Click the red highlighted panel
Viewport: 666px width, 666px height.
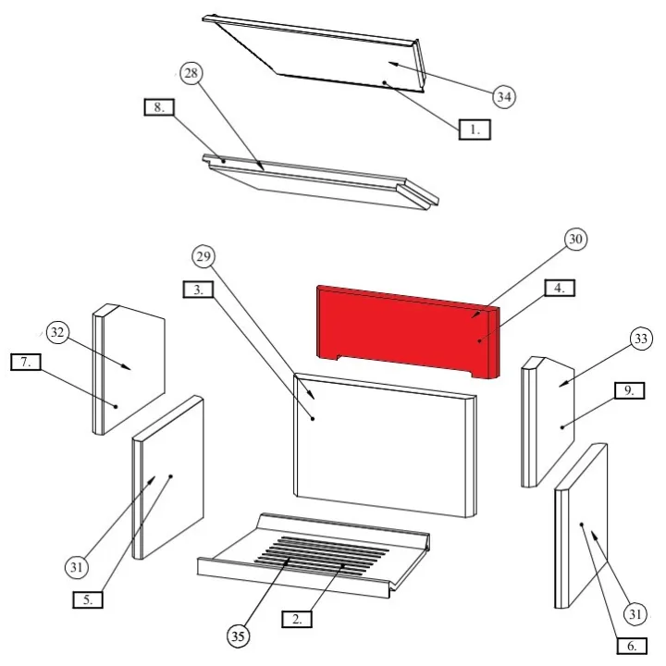click(x=408, y=331)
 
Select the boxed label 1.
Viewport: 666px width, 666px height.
click(x=475, y=129)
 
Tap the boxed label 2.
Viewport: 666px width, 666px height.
click(x=297, y=619)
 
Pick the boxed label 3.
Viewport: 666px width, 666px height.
click(x=198, y=290)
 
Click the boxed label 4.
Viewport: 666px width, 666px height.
click(x=560, y=288)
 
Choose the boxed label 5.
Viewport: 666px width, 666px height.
click(x=88, y=599)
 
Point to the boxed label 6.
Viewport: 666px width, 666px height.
click(x=632, y=646)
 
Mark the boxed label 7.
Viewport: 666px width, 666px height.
click(x=26, y=363)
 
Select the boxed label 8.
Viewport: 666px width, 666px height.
click(x=159, y=107)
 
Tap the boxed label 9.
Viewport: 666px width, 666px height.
click(x=630, y=390)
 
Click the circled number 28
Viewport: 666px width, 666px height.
click(x=191, y=73)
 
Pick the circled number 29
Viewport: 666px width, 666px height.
click(x=203, y=256)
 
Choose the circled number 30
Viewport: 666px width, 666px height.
click(x=575, y=240)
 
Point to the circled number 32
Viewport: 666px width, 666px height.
click(x=57, y=332)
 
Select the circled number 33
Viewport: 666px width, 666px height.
click(x=641, y=339)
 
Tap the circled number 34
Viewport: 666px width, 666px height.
click(x=504, y=97)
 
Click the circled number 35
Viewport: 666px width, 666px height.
click(x=238, y=635)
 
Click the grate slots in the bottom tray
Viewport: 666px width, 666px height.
click(x=322, y=554)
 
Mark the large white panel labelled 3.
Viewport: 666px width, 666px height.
click(x=385, y=445)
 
